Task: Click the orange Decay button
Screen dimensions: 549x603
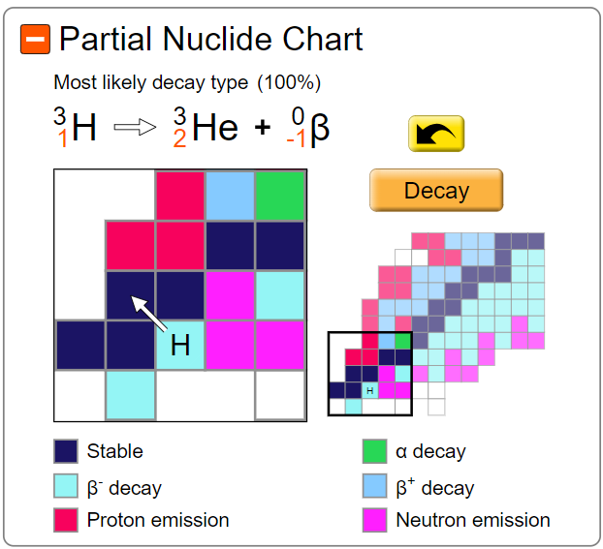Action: point(436,191)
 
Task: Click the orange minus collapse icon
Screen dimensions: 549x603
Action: point(35,40)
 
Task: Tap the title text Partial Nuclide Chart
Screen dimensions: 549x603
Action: point(210,40)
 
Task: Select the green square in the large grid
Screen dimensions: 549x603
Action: point(281,195)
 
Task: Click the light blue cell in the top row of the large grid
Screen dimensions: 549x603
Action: point(230,195)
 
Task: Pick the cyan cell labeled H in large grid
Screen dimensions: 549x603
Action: point(180,345)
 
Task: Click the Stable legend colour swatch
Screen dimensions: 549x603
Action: point(66,451)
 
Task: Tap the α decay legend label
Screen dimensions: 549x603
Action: point(430,451)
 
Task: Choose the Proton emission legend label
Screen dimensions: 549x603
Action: point(158,520)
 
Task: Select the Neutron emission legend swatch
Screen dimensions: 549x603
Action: point(374,520)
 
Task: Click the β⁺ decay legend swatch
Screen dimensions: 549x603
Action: point(374,486)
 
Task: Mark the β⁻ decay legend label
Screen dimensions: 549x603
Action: point(123,487)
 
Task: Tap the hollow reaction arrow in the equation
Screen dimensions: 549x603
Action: point(135,128)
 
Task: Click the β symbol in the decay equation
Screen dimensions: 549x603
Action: point(319,127)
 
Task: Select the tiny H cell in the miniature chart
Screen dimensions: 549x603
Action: point(369,390)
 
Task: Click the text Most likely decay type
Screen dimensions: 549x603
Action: point(151,82)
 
